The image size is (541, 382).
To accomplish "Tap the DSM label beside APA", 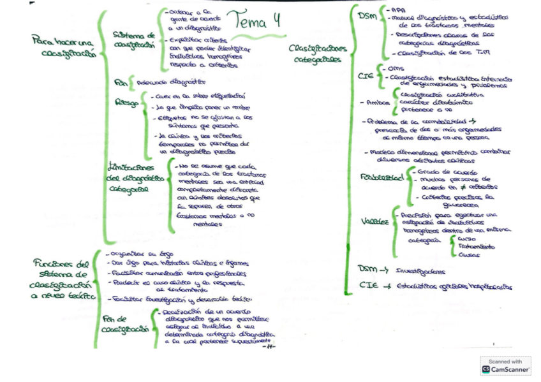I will click(x=367, y=15).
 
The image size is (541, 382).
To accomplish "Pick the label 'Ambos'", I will click(x=374, y=102).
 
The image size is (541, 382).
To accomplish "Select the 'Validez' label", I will click(x=375, y=221).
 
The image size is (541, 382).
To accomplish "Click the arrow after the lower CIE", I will click(x=387, y=286).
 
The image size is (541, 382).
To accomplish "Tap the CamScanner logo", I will click(x=505, y=365).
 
